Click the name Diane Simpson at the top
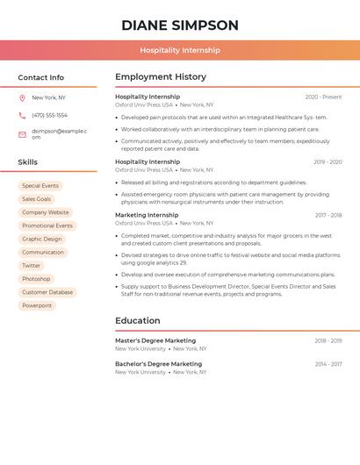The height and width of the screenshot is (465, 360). (180, 25)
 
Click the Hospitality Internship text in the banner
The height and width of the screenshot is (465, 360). (180, 50)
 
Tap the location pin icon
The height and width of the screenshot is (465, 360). (22, 97)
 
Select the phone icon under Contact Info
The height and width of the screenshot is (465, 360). (22, 115)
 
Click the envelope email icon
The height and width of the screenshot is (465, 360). (22, 134)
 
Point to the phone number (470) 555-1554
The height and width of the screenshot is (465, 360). (49, 115)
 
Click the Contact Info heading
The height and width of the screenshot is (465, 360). (41, 77)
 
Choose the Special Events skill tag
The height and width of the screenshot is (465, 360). (40, 186)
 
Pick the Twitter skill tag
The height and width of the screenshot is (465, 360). (32, 266)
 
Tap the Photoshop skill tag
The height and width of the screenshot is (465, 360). (36, 279)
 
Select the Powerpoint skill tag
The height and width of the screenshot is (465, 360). (37, 305)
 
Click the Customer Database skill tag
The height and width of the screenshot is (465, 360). (47, 292)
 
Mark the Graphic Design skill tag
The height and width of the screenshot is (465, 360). (42, 239)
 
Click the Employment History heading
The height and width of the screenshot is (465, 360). (161, 77)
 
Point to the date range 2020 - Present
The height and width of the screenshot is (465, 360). (323, 97)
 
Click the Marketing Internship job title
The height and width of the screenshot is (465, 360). (147, 215)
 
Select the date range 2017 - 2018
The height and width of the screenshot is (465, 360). (328, 215)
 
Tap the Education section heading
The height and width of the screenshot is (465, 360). (138, 321)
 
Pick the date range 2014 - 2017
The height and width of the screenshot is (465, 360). (328, 364)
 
